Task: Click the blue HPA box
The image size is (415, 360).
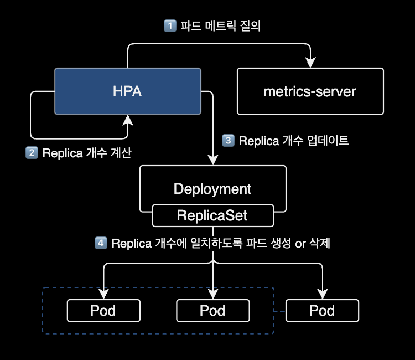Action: pyautogui.click(x=127, y=91)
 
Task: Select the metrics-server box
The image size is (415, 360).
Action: pyautogui.click(x=310, y=91)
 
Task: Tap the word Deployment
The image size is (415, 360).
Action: pyautogui.click(x=212, y=189)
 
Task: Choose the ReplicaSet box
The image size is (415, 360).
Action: pyautogui.click(x=212, y=215)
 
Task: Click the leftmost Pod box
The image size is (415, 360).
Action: pyautogui.click(x=103, y=311)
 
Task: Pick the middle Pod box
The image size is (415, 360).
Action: pyautogui.click(x=212, y=311)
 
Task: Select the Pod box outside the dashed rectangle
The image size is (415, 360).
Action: pyautogui.click(x=322, y=311)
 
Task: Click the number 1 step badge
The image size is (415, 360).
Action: pyautogui.click(x=170, y=25)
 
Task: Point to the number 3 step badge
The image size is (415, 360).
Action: pyautogui.click(x=227, y=141)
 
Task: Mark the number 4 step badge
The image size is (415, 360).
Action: pyautogui.click(x=101, y=243)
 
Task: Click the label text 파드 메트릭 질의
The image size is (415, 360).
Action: pyautogui.click(x=224, y=25)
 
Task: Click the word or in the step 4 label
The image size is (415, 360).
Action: pyautogui.click(x=300, y=243)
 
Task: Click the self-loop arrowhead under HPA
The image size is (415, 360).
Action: pyautogui.click(x=128, y=120)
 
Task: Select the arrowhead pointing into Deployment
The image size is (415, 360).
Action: pyautogui.click(x=213, y=160)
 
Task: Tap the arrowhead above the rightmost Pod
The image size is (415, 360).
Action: pyautogui.click(x=322, y=294)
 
